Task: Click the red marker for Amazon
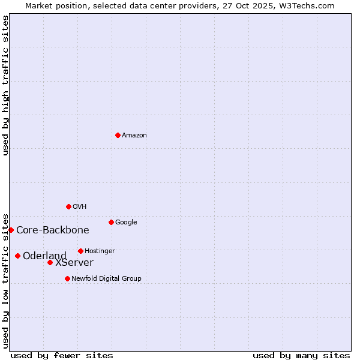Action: [118, 135]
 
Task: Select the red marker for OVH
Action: [68, 206]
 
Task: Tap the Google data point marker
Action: [111, 222]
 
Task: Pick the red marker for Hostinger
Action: [80, 251]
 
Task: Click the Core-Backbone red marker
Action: [11, 230]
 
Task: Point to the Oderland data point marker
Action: [17, 256]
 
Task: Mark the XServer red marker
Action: [50, 262]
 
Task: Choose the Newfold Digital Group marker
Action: [67, 278]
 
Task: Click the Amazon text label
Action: [134, 135]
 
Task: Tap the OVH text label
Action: [80, 206]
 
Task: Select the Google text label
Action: [126, 222]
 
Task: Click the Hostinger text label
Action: [100, 251]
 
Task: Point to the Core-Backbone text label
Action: [53, 230]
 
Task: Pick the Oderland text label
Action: [45, 256]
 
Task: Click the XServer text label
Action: [74, 262]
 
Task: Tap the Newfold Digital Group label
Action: [106, 278]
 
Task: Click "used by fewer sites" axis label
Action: [62, 355]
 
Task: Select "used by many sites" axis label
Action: [301, 355]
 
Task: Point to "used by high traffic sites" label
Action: [5, 85]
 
